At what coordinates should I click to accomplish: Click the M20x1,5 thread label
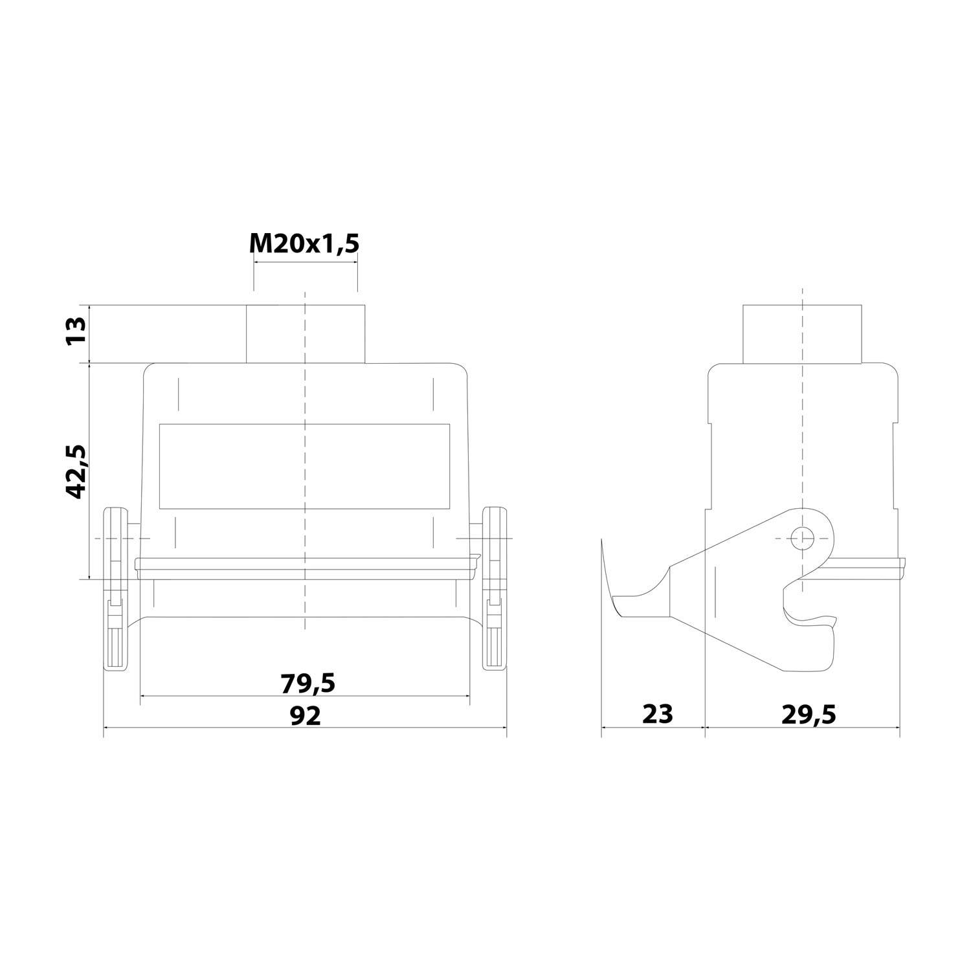(x=304, y=243)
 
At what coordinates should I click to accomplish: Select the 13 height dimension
(x=76, y=331)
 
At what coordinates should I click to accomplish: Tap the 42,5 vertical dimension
(x=76, y=471)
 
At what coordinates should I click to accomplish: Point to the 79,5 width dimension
(x=307, y=682)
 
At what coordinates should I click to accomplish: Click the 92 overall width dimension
(x=305, y=716)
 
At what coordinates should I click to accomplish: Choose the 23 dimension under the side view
(x=658, y=714)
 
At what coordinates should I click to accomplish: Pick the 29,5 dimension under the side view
(x=809, y=714)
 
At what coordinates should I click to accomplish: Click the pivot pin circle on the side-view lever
(x=802, y=537)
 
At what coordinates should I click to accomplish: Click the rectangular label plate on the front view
(x=304, y=466)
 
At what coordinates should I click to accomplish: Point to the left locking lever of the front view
(x=117, y=589)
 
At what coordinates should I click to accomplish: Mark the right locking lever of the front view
(x=494, y=589)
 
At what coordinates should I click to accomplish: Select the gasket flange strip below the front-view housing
(x=306, y=564)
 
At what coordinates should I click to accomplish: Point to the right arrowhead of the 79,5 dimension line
(x=467, y=696)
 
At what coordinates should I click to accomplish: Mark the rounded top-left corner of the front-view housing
(x=148, y=369)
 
